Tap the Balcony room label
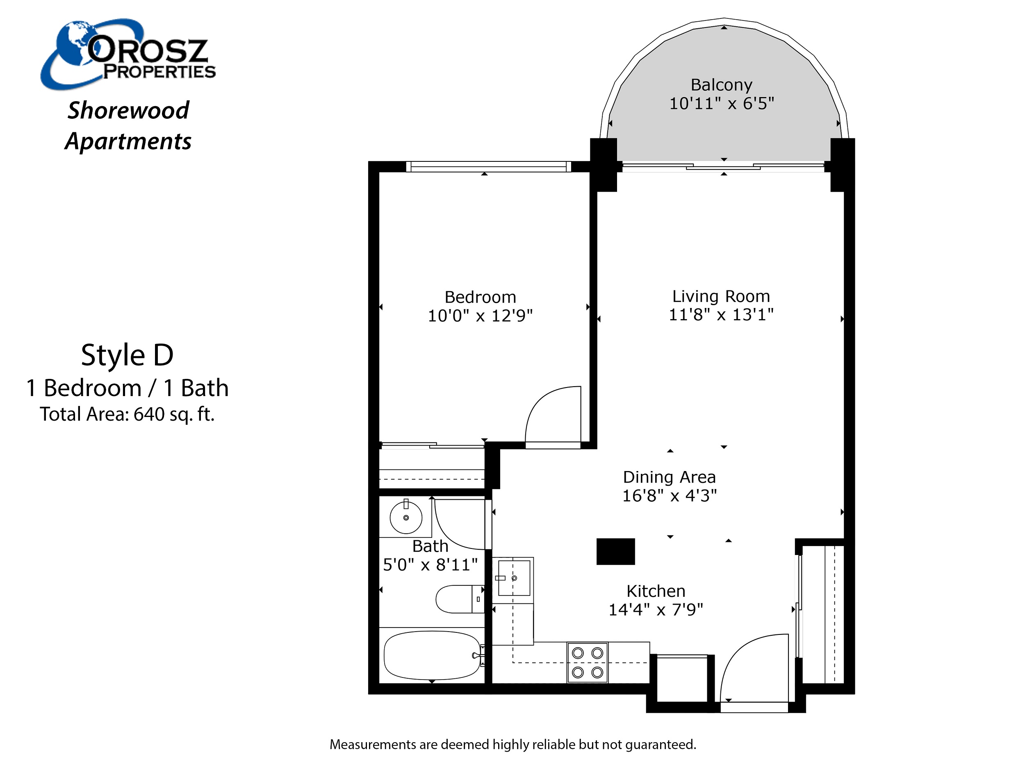722,85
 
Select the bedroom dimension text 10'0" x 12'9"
480,316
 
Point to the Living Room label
721,296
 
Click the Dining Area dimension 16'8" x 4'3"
669,495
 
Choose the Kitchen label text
656,591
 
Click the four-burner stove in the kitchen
588,662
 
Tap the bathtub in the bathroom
432,655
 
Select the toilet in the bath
460,598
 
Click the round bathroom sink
406,517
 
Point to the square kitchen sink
514,578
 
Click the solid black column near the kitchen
615,551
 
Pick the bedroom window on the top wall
488,167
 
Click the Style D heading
128,356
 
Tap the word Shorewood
128,110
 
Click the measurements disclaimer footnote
513,744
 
